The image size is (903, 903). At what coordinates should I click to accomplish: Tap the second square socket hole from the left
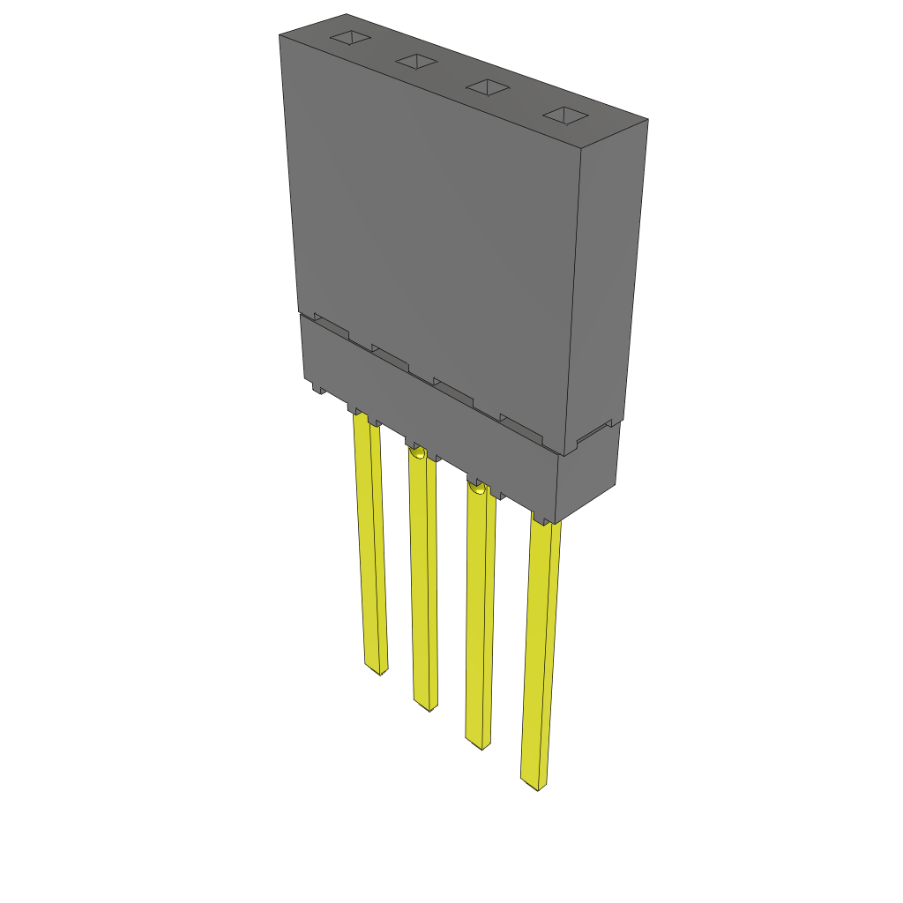click(x=416, y=61)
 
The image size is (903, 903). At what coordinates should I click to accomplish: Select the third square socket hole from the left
click(x=488, y=87)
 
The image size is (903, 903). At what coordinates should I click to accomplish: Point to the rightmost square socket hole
click(x=564, y=116)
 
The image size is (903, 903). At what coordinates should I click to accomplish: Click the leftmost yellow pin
click(x=369, y=547)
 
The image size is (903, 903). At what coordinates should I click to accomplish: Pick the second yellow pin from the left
click(x=423, y=582)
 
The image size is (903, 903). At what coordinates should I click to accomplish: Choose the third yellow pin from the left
click(x=481, y=617)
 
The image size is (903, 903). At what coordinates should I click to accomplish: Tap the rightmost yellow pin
click(x=540, y=653)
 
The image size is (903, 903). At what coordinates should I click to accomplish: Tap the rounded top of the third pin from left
click(x=477, y=487)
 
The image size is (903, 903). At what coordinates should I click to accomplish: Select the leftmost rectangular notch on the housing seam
click(x=332, y=325)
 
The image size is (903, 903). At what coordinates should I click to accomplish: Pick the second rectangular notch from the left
click(x=390, y=354)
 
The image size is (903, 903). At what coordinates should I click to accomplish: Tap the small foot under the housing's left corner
click(x=317, y=387)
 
